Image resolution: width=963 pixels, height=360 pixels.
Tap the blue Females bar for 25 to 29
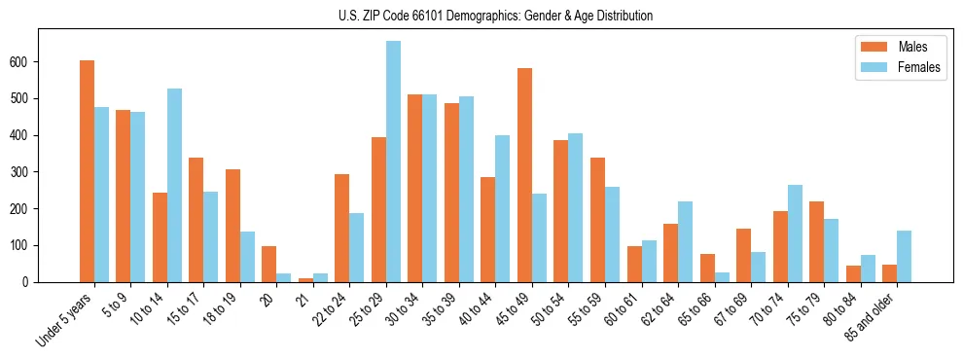coord(393,162)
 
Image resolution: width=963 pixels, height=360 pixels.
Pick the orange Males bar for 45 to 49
coord(524,175)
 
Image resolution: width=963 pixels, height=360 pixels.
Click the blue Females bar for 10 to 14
coord(174,185)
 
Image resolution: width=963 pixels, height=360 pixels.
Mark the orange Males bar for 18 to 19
coord(232,226)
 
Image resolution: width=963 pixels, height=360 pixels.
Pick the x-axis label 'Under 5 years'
coord(64,319)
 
